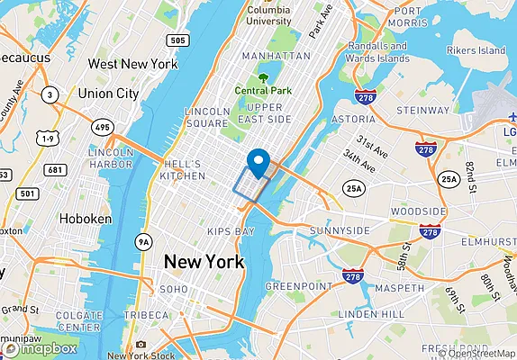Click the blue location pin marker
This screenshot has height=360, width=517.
[x=259, y=162]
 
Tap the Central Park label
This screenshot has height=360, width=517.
[x=263, y=91]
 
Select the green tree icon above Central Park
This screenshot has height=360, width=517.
[x=263, y=77]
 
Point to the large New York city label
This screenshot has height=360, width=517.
[x=203, y=262]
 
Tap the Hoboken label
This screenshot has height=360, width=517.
[x=85, y=219]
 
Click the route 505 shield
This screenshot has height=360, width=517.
[x=177, y=40]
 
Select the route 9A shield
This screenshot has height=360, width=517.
[x=143, y=241]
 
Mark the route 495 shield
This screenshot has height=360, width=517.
[x=103, y=128]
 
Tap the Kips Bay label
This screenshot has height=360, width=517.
[x=231, y=231]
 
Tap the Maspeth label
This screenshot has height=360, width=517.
[x=393, y=288]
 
